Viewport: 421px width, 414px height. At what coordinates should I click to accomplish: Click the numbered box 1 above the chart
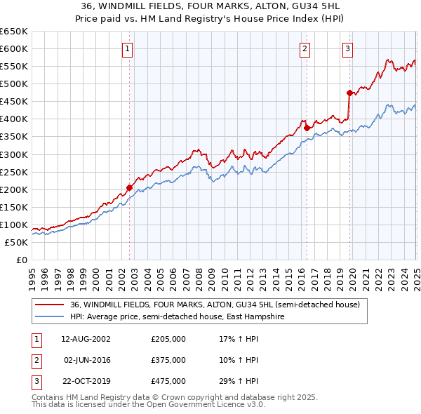pos(128,48)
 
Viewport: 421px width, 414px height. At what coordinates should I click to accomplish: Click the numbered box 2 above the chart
pos(305,48)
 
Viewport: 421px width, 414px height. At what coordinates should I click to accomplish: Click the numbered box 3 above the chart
pos(348,48)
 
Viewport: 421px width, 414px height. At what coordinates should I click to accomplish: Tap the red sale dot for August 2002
pos(130,187)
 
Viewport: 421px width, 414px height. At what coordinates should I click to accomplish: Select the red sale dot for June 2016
pos(307,128)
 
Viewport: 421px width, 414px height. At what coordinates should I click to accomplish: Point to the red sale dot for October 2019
pos(349,93)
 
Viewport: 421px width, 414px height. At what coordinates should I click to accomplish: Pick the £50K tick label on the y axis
pos(17,242)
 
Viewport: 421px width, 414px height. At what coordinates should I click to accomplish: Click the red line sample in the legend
pos(49,305)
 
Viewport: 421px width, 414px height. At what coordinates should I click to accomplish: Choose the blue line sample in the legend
pos(49,316)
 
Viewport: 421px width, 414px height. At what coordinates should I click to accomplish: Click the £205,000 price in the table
pos(168,339)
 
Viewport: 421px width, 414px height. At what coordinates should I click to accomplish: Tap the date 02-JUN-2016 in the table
pos(86,360)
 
